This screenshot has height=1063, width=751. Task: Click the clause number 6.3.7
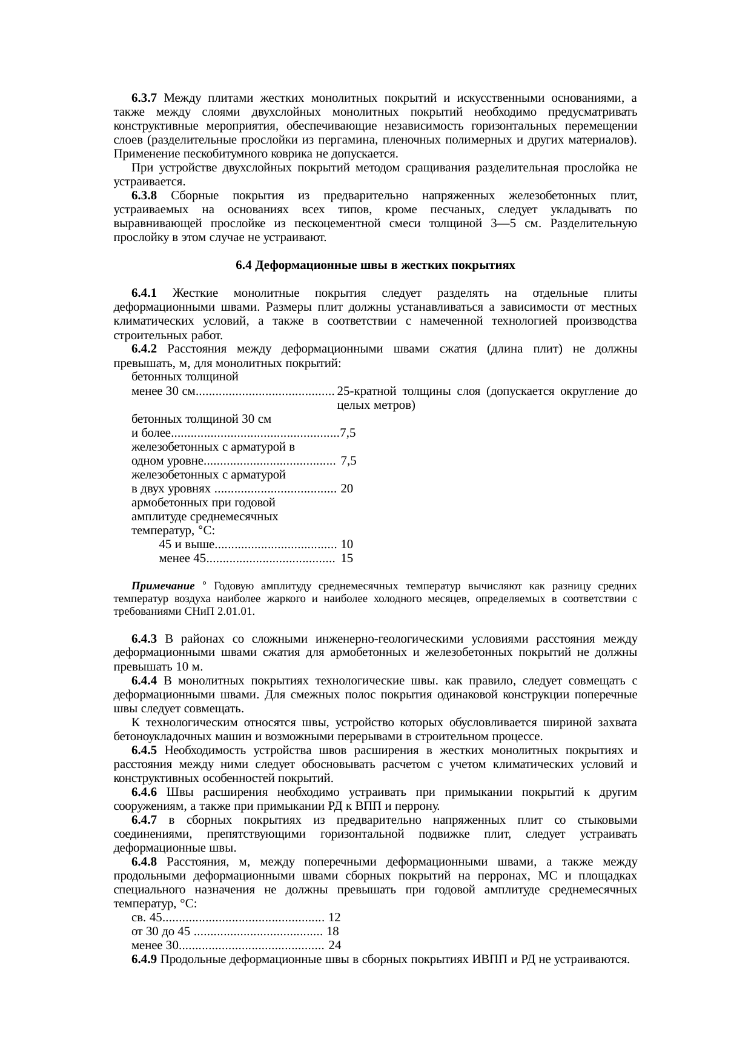144,98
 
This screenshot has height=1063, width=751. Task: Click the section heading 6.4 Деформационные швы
375,265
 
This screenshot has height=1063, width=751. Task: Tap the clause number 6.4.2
144,349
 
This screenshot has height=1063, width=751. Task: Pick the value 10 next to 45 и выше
347,544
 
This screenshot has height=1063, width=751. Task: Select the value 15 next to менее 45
347,558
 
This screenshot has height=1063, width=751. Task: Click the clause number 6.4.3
144,639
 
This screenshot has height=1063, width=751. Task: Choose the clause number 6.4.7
144,820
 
